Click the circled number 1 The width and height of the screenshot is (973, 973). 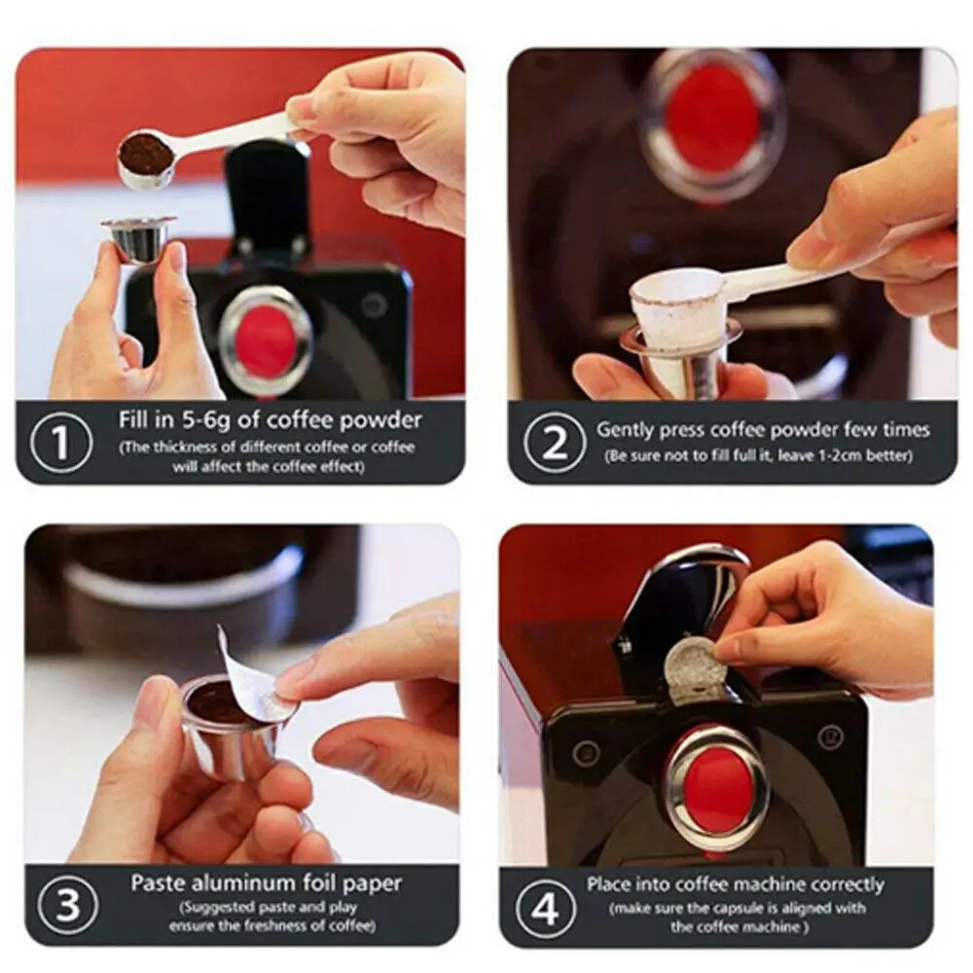[60, 443]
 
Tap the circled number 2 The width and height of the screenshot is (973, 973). [555, 443]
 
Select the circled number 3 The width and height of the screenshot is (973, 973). [68, 905]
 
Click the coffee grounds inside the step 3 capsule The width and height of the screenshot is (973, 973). [213, 707]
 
